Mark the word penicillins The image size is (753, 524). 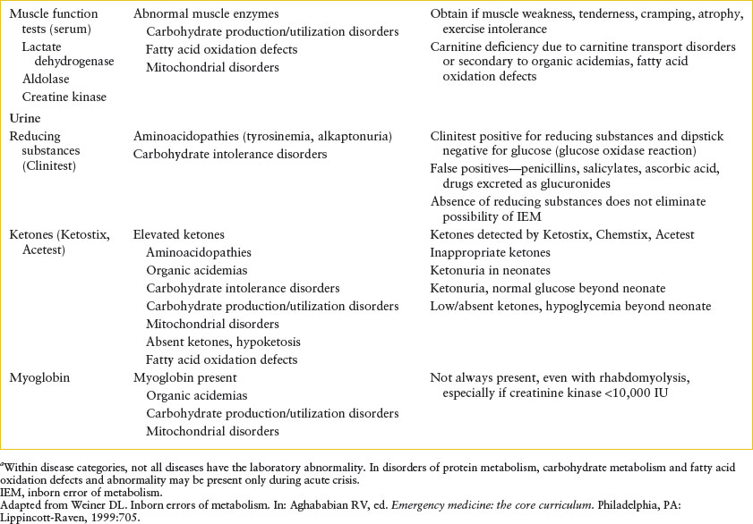[x=543, y=171]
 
